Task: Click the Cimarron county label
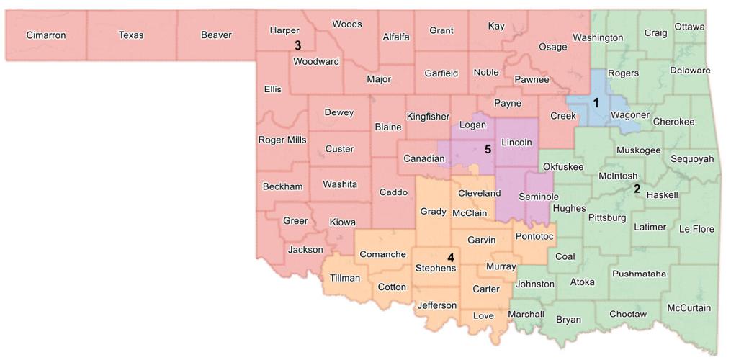(x=46, y=35)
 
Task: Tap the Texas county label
(x=131, y=35)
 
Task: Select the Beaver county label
(x=216, y=35)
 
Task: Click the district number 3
(x=297, y=45)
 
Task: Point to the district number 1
(x=596, y=103)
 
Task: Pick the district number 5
(x=488, y=150)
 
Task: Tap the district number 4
(x=451, y=257)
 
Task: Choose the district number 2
(x=637, y=189)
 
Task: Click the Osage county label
(x=553, y=47)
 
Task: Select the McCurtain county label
(x=689, y=308)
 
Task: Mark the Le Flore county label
(x=696, y=229)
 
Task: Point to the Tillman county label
(x=345, y=278)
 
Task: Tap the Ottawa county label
(x=689, y=27)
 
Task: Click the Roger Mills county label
(x=282, y=140)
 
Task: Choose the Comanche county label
(x=382, y=254)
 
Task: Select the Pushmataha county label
(x=639, y=274)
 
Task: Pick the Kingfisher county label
(x=428, y=117)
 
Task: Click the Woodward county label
(x=315, y=62)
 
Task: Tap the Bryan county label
(x=568, y=320)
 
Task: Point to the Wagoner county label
(x=630, y=115)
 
